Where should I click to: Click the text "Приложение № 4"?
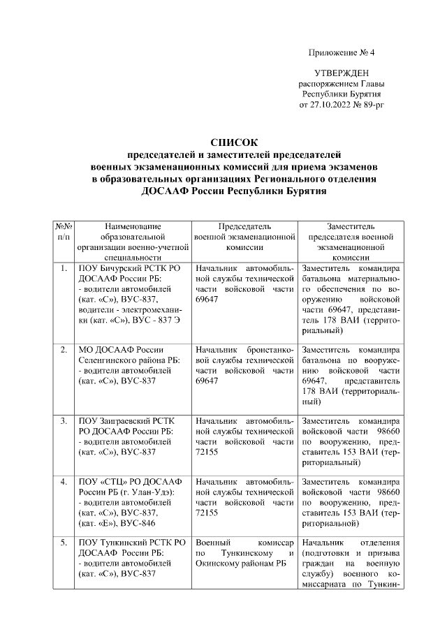point(342,53)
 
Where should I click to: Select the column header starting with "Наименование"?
point(134,226)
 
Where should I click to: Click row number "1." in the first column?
point(64,268)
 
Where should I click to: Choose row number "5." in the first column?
point(64,543)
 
